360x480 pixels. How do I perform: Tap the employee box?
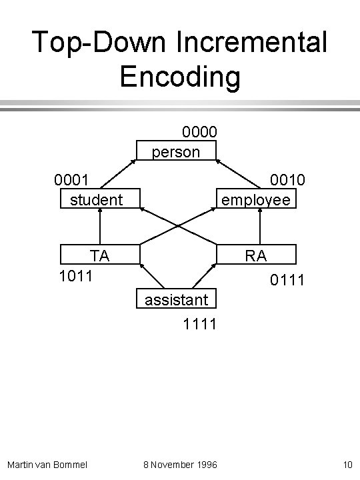(256, 199)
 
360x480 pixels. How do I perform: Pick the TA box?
(100, 255)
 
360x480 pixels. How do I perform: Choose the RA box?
(256, 255)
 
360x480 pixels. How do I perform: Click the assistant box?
(177, 300)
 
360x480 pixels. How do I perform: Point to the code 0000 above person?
(199, 132)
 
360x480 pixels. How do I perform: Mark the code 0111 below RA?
(287, 281)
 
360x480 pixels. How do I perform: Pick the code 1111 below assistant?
(199, 325)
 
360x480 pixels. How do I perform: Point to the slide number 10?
(347, 463)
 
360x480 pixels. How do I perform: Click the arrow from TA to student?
(99, 227)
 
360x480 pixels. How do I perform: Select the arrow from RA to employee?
(261, 227)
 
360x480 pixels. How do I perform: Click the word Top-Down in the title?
(100, 43)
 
